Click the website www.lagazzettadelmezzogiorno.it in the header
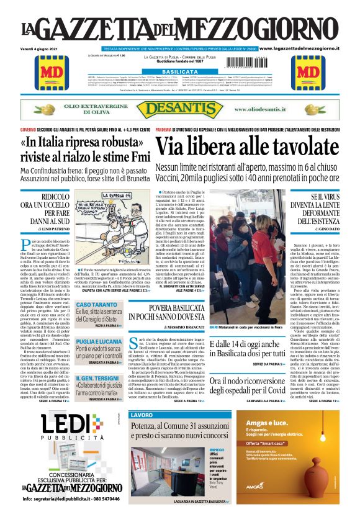click(307, 48)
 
